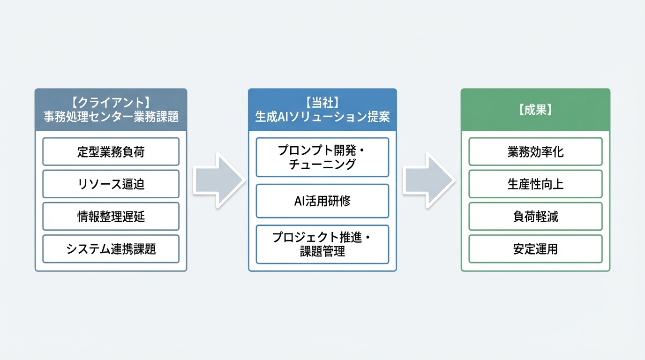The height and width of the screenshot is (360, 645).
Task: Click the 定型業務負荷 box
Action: pos(111,152)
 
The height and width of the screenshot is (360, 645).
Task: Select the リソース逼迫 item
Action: pos(111,184)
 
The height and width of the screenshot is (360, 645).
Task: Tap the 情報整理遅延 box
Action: pos(111,217)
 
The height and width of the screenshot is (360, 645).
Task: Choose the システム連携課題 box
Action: pos(111,249)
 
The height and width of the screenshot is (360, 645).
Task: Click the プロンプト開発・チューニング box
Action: pos(322,157)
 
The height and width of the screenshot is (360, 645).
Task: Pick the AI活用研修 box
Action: pos(322,201)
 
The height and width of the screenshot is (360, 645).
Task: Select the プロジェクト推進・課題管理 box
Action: pos(322,245)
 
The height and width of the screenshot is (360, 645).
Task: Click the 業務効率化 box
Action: pos(535,152)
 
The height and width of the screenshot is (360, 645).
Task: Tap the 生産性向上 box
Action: pos(535,184)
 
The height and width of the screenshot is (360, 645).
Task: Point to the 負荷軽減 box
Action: pos(535,217)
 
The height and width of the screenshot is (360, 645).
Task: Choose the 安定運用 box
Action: pos(535,249)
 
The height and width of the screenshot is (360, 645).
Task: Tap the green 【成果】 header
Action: pos(535,110)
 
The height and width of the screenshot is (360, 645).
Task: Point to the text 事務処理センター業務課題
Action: pos(111,117)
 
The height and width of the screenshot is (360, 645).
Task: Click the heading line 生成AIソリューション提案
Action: pos(322,117)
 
